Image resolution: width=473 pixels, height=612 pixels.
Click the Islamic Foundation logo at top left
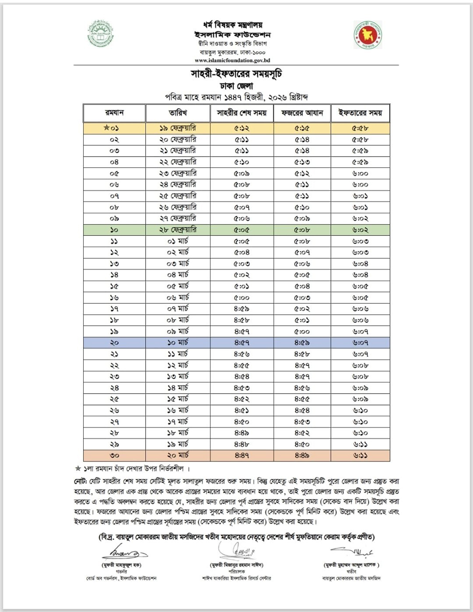[x=100, y=34]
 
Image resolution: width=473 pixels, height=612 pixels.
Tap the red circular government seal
[x=368, y=35]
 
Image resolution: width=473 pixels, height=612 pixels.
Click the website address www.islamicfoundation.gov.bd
[x=232, y=60]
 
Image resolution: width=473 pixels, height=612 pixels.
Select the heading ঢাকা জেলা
[x=236, y=86]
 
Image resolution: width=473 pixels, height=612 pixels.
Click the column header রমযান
[x=114, y=113]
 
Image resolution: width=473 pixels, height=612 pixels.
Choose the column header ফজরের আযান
[x=302, y=113]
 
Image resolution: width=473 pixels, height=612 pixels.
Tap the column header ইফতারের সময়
[x=360, y=113]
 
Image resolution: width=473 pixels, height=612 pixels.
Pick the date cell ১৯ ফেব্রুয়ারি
[x=178, y=128]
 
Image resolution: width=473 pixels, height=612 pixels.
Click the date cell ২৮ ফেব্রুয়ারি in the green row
[x=178, y=230]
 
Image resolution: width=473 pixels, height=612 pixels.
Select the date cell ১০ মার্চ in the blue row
[x=178, y=343]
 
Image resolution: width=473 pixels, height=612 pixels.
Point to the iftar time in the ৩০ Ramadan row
[x=360, y=455]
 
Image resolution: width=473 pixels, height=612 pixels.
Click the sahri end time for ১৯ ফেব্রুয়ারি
[x=242, y=128]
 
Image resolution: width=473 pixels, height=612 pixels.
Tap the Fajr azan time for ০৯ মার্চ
[x=302, y=332]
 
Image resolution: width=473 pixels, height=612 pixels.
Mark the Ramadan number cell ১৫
[x=114, y=286]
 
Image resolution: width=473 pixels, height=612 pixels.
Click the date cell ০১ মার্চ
[x=178, y=241]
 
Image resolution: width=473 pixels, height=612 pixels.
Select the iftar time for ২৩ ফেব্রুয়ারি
[x=360, y=174]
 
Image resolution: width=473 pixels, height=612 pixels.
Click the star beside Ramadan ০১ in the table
[x=106, y=128]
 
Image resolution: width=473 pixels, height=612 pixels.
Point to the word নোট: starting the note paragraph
[x=80, y=481]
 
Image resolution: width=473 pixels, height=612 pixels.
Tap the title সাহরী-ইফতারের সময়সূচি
[x=236, y=74]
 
